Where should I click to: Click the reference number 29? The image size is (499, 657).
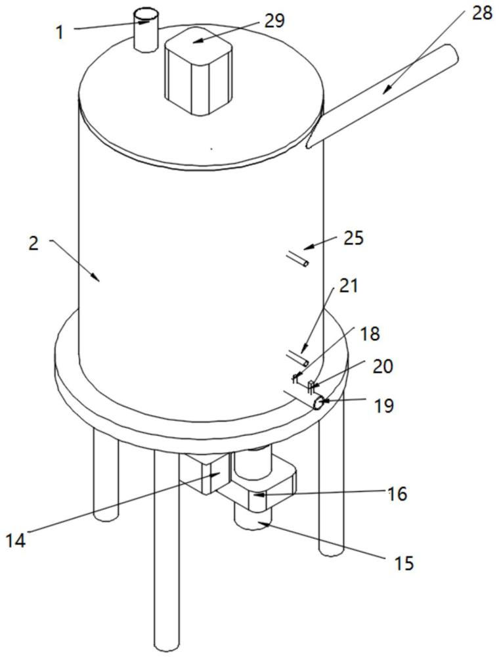tap(274, 20)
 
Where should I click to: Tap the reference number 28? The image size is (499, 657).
tap(481, 13)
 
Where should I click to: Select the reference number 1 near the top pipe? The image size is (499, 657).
tap(60, 32)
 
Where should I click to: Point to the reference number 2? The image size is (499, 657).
tap(33, 244)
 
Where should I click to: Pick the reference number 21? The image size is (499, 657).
tap(348, 286)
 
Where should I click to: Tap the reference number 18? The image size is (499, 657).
tap(369, 334)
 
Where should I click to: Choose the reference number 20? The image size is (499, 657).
tap(383, 366)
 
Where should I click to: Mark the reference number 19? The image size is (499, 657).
tap(383, 405)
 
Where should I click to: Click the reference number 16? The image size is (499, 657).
tap(397, 494)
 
